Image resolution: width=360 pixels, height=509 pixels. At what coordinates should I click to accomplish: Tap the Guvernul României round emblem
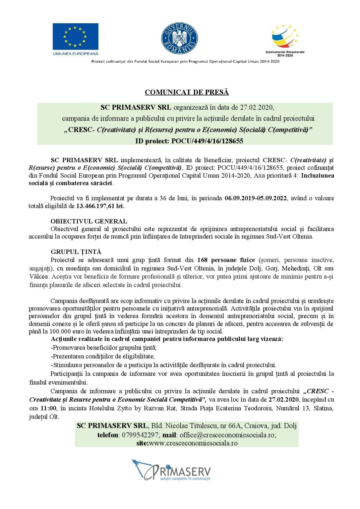pos(179,38)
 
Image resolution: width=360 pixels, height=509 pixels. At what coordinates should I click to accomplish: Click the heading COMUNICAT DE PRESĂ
pos(187,92)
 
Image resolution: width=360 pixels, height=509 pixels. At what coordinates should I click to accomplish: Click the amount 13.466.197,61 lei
pos(100,206)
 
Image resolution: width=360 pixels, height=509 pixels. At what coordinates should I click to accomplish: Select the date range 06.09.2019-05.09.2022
pos(256,198)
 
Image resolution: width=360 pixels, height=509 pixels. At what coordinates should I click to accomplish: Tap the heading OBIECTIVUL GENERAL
pos(89,221)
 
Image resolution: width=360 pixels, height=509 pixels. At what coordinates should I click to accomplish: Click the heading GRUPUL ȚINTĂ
pos(76,252)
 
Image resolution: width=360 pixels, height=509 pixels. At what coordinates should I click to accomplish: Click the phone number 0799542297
pos(140,435)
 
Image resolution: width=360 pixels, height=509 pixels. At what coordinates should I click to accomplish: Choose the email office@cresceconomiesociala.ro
pos(228,435)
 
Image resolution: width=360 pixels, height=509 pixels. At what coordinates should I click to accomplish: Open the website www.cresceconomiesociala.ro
pos(193,443)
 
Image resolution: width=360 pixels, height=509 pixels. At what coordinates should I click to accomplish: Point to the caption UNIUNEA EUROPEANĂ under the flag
pos(76,53)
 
